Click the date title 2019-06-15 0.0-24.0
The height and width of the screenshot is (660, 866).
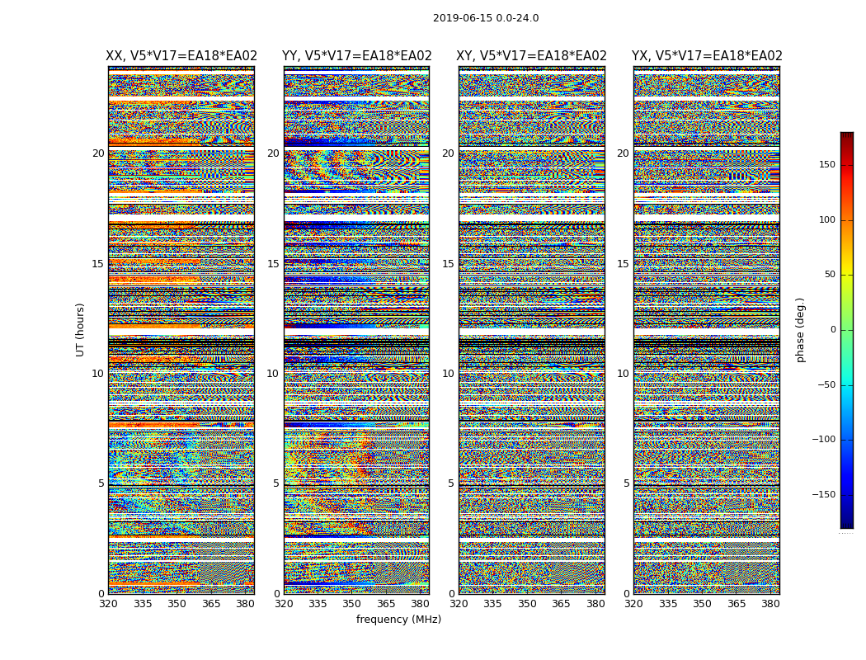point(486,18)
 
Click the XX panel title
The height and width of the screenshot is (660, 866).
point(181,56)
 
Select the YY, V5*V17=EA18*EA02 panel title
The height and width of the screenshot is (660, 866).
point(356,56)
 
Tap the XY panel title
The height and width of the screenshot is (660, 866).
point(531,56)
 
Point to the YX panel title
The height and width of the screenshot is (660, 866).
point(707,56)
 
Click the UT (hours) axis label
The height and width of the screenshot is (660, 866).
point(81,329)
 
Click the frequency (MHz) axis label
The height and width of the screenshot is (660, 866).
point(398,620)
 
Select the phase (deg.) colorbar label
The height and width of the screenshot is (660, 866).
point(801,330)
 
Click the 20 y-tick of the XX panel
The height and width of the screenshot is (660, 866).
point(98,153)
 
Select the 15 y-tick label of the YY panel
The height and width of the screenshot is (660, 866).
point(273,264)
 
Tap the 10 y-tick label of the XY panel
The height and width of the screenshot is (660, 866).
point(448,374)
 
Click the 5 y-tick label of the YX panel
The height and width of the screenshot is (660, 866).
point(626,483)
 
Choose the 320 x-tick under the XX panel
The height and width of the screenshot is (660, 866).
point(108,604)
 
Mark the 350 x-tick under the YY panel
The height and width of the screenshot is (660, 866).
point(352,604)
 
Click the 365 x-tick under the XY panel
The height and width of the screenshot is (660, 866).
point(561,604)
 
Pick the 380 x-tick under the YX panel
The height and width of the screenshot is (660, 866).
point(770,604)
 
